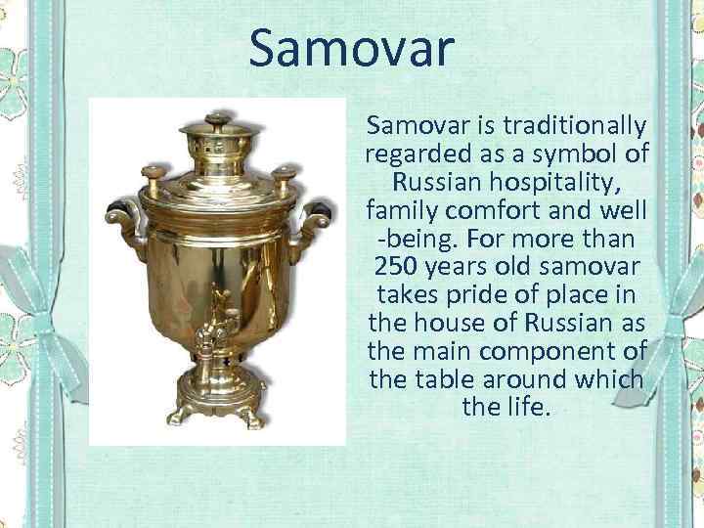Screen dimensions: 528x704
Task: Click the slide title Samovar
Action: (351, 49)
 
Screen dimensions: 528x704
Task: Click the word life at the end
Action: (530, 406)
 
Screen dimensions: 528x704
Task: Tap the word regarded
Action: (412, 154)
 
